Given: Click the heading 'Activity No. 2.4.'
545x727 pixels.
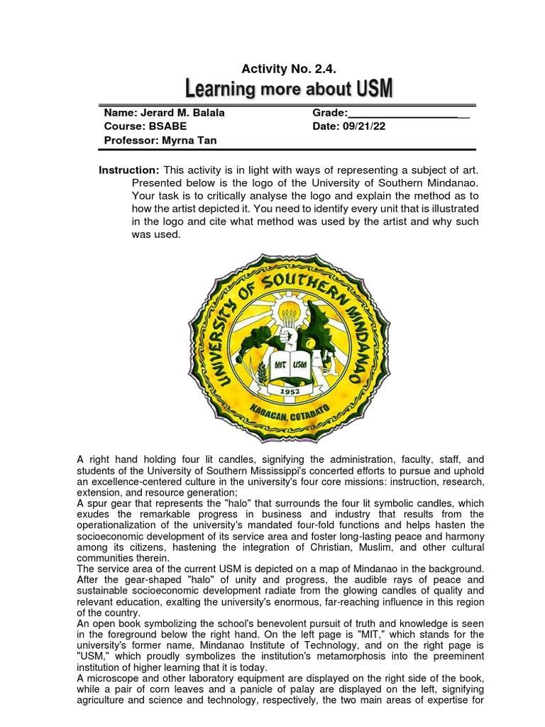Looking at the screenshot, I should coord(288,69).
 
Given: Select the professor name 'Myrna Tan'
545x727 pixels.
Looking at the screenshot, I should coord(189,140).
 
